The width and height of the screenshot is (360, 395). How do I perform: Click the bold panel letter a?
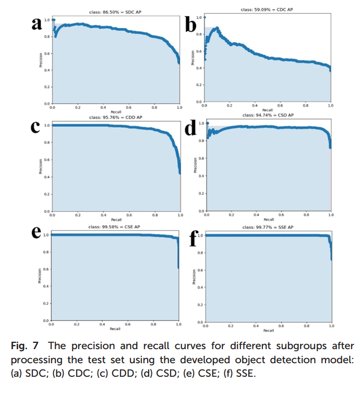pos(37,24)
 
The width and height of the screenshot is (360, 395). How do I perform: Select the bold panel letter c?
pos(37,128)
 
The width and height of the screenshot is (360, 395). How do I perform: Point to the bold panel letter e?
pos(37,233)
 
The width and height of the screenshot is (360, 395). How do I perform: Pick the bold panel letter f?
pos(192,237)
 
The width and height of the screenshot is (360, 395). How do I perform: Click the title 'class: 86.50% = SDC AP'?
pos(116,11)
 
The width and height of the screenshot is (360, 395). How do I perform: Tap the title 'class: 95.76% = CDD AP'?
pos(116,117)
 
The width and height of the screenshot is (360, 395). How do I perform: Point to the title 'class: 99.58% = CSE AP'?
pos(115,227)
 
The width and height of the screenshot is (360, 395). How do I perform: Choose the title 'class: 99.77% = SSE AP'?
pos(268,227)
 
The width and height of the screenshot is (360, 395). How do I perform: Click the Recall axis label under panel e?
pos(115,329)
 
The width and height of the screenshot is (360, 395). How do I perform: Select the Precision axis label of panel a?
pos(39,60)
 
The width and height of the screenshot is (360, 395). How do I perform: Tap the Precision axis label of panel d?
pos(195,166)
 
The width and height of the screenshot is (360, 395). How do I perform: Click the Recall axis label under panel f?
pos(268,330)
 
